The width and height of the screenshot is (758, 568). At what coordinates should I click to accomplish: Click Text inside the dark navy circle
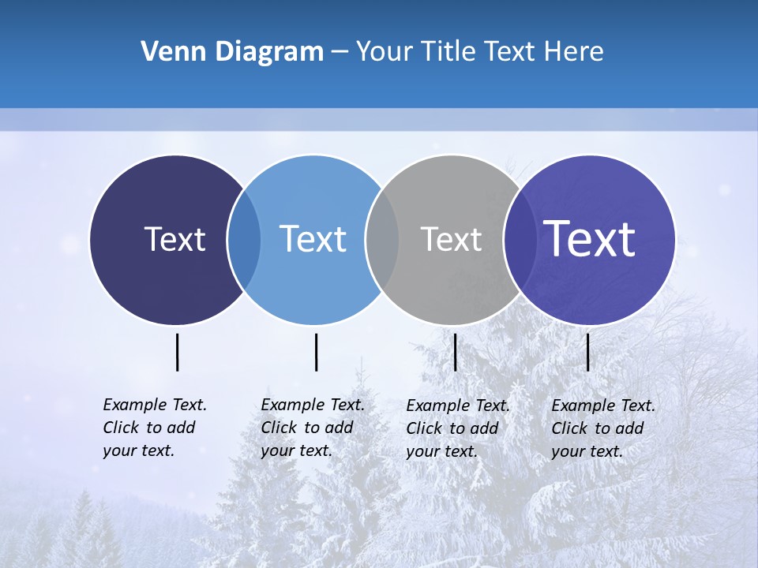coord(174,239)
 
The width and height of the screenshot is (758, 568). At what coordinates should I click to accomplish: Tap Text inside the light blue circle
coord(313,239)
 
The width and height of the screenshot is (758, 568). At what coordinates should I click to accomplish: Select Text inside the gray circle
coord(451,239)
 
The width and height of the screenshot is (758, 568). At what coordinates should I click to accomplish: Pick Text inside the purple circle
coord(589,239)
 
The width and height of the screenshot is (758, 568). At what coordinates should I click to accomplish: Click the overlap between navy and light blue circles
coord(244,239)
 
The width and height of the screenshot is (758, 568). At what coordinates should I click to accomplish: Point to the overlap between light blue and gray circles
coord(382,239)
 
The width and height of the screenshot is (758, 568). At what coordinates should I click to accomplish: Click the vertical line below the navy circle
coord(178,352)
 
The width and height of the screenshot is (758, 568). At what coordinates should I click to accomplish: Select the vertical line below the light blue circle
coord(316,352)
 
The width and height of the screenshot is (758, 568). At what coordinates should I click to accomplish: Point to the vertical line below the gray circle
coord(456,352)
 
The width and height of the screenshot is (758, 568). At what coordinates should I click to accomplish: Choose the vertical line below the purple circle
coord(588,352)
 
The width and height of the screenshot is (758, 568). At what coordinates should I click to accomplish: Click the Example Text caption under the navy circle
coord(154,428)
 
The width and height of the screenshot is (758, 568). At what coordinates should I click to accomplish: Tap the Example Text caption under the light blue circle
coord(312,428)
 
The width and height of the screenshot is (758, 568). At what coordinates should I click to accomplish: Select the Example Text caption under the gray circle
coord(457,428)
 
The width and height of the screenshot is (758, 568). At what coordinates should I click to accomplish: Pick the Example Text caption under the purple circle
coord(602,428)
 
